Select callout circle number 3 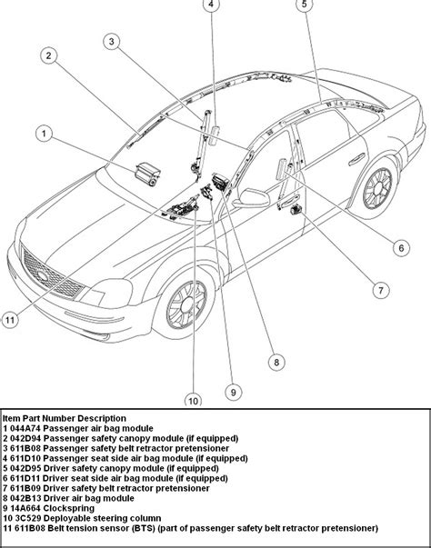[x=111, y=41]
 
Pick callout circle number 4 [x=210, y=5]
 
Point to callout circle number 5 [x=305, y=5]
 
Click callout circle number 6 [x=400, y=246]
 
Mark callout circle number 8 [x=274, y=362]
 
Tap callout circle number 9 [x=233, y=392]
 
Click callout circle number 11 [x=10, y=319]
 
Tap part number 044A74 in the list [x=27, y=427]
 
